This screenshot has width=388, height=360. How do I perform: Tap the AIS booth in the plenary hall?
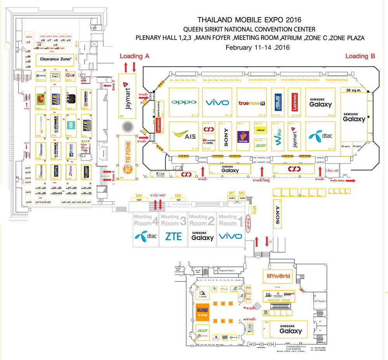(184, 136)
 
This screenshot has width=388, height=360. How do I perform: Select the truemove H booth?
(251, 103)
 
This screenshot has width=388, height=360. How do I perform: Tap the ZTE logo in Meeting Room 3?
(173, 236)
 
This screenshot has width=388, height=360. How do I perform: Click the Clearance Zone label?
(55, 60)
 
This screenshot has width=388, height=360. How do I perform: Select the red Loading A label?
(134, 56)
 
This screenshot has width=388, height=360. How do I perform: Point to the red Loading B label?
(360, 56)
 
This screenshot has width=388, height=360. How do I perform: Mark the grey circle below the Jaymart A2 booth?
(128, 127)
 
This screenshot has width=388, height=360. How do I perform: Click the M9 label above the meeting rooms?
(139, 196)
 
